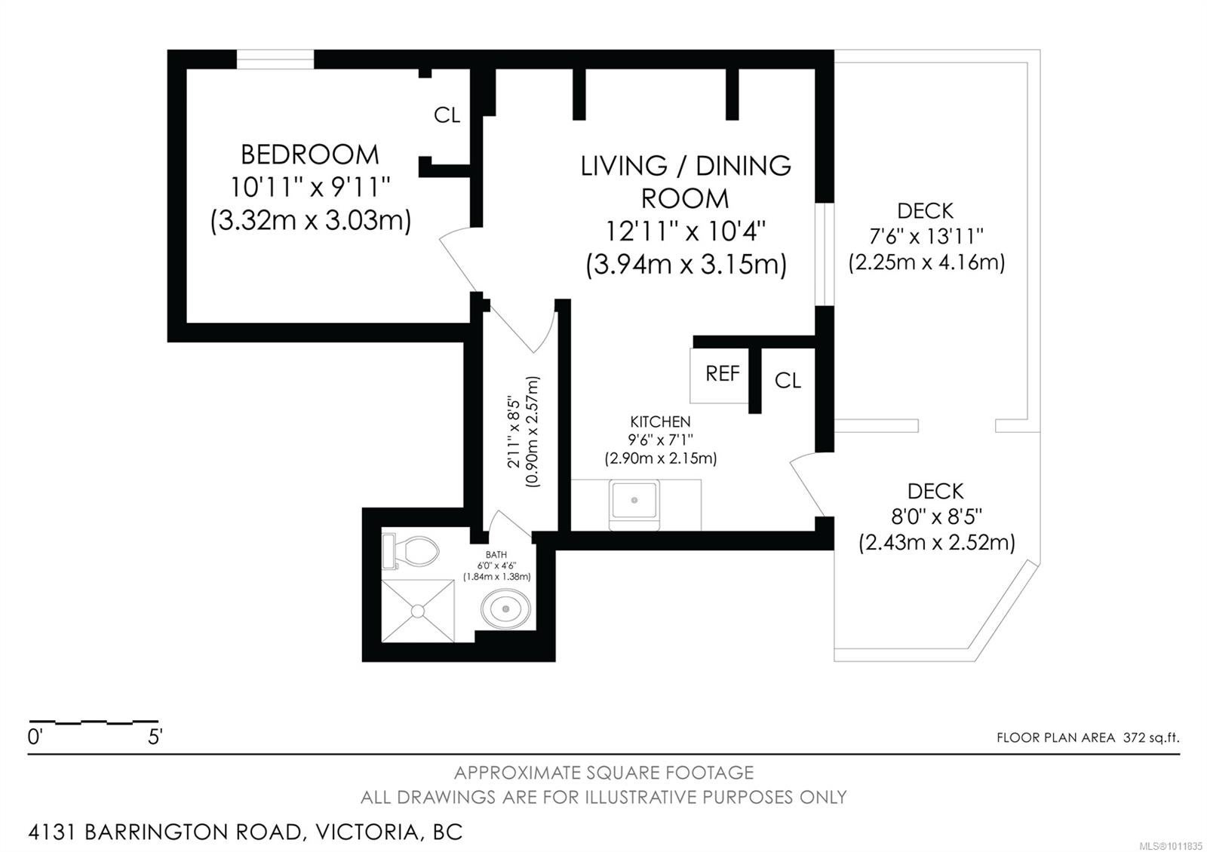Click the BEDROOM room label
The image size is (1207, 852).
[310, 155]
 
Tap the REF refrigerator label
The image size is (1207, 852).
[723, 373]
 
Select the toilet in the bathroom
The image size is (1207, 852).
[410, 551]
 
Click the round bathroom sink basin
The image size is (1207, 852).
[505, 609]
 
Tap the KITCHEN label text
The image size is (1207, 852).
[660, 421]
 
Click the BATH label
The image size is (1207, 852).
[496, 554]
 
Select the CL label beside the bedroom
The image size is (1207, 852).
[447, 115]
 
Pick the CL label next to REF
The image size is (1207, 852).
[788, 381]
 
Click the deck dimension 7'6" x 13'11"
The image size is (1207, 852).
[926, 236]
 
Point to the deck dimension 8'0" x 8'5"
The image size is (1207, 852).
[936, 517]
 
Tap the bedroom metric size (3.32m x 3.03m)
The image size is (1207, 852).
[310, 221]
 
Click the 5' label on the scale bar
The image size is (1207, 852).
[155, 737]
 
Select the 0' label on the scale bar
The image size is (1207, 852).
[35, 737]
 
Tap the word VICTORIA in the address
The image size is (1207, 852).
[367, 832]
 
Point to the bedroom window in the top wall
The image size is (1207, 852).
[275, 60]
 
